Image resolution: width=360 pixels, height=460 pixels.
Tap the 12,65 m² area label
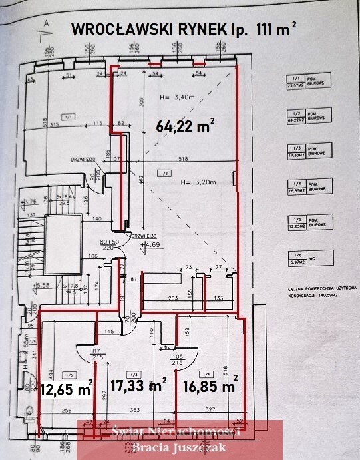pyautogui.click(x=65, y=389)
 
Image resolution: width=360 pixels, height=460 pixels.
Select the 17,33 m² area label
pyautogui.click(x=138, y=385)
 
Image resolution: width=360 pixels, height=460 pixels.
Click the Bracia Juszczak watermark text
pyautogui.click(x=179, y=447)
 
